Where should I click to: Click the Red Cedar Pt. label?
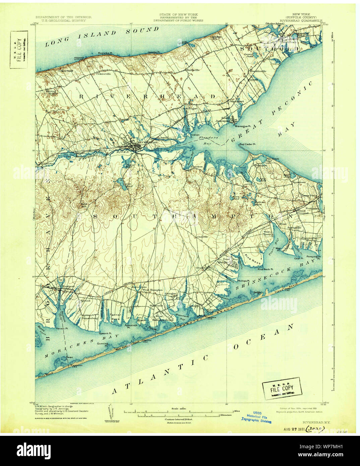point(247,144)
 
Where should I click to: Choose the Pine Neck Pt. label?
point(265,269)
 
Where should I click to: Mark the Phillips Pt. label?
point(243,281)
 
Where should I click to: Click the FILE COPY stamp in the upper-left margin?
point(19,49)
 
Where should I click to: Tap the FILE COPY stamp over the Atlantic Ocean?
point(282,389)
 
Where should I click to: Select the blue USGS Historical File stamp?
point(256,418)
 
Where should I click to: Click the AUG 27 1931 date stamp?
point(293,429)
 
